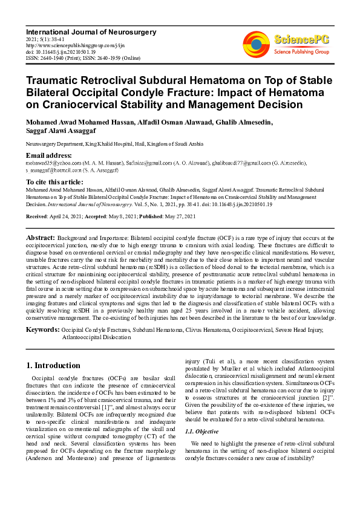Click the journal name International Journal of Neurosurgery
pos(91,31)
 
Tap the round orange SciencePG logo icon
pos(257,44)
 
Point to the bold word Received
pos(39,217)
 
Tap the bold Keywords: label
pos(42,329)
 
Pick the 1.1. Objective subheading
pos(201,431)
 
